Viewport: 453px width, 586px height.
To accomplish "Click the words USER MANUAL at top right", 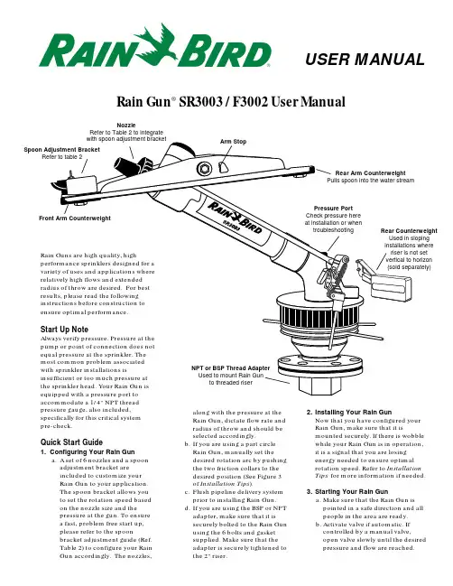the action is click(365, 60).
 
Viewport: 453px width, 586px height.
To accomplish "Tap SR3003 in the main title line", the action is click(200, 102).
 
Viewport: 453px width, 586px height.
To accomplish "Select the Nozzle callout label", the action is click(125, 126).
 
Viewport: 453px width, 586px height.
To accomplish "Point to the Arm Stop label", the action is click(233, 142).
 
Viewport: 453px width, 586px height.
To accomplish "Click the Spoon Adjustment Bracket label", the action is click(61, 150).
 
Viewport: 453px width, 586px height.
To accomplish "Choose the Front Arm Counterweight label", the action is click(75, 219).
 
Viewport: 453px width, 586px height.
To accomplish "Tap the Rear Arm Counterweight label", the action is click(370, 173).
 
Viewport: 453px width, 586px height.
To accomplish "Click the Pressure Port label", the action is click(333, 209).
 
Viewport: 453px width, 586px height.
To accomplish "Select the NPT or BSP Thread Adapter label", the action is click(230, 368).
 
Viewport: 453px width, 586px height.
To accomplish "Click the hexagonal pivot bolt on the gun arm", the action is click(204, 169).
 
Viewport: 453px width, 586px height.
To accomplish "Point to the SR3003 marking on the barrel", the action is click(231, 226).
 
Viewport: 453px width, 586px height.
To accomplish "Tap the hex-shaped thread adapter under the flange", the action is click(320, 384).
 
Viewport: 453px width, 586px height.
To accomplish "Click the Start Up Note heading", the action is click(64, 330).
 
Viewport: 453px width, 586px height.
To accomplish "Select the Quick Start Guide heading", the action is click(71, 442).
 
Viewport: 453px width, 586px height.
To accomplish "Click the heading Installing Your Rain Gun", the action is click(349, 413).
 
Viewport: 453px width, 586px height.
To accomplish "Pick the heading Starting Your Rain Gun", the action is click(347, 491).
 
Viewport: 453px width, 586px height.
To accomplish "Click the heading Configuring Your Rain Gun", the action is click(88, 451).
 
